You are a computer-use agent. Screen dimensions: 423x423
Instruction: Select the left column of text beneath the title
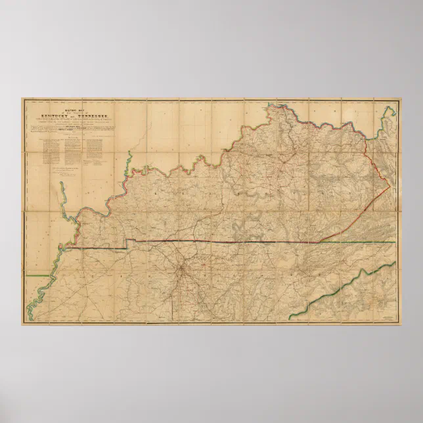(53, 148)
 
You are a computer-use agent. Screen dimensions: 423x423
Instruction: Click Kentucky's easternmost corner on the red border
(390, 187)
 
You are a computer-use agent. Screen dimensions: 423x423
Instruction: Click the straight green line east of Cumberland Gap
(368, 242)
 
